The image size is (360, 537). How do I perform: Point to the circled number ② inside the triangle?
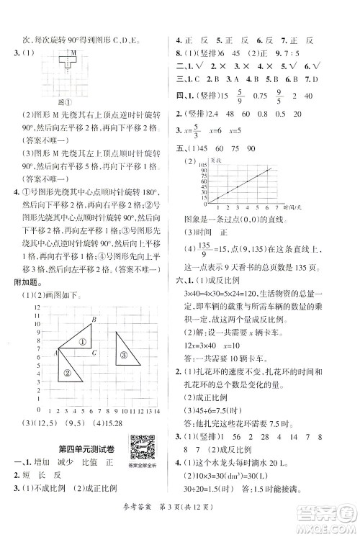tap(67, 372)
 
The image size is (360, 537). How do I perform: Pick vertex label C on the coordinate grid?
tap(94, 352)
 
